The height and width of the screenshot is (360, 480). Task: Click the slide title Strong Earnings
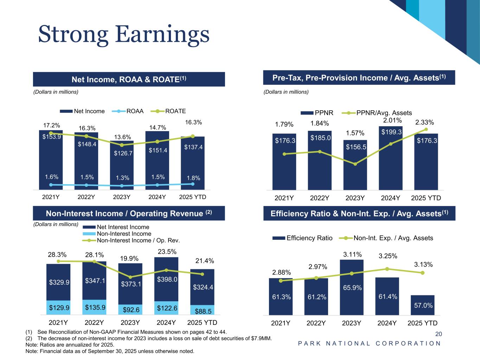point(124,35)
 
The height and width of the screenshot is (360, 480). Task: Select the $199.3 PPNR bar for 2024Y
point(390,158)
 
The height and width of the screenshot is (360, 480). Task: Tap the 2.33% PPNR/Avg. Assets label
point(424,122)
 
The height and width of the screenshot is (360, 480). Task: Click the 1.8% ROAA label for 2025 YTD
point(193,178)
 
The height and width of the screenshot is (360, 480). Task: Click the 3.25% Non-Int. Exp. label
point(388,256)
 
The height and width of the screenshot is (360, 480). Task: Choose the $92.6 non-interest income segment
point(130,310)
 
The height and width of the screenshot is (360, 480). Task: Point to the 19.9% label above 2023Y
point(129,258)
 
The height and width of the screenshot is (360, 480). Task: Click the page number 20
point(439,334)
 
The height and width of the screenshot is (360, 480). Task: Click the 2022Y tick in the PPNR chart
point(319,198)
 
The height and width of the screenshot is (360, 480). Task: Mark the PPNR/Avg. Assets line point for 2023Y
point(355,164)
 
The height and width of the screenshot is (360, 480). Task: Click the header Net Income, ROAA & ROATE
point(129,79)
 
